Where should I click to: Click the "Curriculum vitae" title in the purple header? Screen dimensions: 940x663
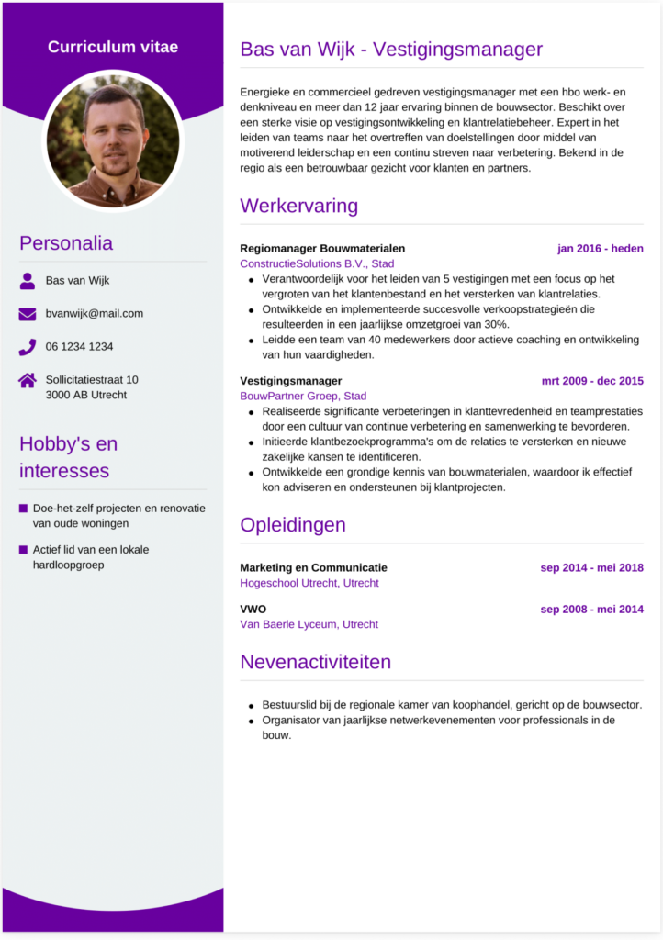pyautogui.click(x=113, y=47)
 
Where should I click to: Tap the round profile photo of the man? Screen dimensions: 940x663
pyautogui.click(x=113, y=141)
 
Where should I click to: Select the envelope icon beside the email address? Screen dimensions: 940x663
pyautogui.click(x=28, y=314)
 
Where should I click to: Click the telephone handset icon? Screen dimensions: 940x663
pyautogui.click(x=28, y=347)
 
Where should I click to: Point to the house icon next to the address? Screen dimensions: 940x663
pyautogui.click(x=28, y=380)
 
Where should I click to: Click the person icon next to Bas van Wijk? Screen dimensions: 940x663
pyautogui.click(x=28, y=280)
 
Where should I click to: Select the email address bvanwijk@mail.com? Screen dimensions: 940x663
pyautogui.click(x=95, y=314)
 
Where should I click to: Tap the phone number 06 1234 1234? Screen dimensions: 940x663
pyautogui.click(x=80, y=347)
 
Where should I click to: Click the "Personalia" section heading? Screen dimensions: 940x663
pyautogui.click(x=66, y=243)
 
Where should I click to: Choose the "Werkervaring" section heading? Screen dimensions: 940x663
pyautogui.click(x=298, y=206)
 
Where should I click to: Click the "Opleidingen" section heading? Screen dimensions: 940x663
pyautogui.click(x=293, y=525)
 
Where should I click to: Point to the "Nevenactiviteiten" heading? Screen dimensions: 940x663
pyautogui.click(x=315, y=662)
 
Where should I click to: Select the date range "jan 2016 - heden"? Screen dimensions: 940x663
pyautogui.click(x=600, y=249)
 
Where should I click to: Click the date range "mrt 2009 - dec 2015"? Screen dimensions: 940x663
pyautogui.click(x=592, y=381)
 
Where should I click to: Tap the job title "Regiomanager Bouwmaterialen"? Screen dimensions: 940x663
pyautogui.click(x=322, y=249)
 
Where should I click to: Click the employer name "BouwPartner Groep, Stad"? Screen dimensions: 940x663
pyautogui.click(x=303, y=397)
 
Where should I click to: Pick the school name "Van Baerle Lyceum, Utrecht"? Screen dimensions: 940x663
pyautogui.click(x=309, y=624)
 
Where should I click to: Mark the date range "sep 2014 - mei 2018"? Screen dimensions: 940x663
pyautogui.click(x=591, y=568)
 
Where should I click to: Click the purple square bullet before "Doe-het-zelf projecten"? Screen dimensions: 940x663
pyautogui.click(x=23, y=508)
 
